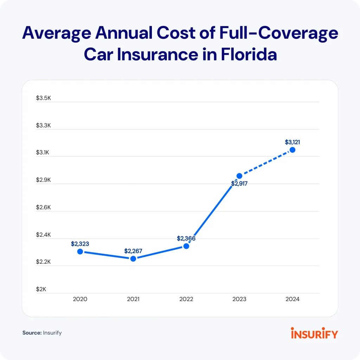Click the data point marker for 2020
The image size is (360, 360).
click(80, 251)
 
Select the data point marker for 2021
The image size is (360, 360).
click(133, 259)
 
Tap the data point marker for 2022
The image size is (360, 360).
click(186, 246)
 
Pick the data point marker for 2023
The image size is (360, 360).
click(239, 176)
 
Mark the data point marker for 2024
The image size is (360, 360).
click(292, 150)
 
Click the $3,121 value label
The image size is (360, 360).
click(292, 142)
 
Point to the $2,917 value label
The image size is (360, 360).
click(239, 184)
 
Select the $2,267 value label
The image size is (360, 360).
click(133, 251)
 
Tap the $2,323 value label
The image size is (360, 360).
click(80, 244)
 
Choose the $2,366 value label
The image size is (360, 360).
click(186, 238)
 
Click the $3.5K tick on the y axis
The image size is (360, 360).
click(44, 98)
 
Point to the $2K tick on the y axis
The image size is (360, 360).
click(41, 289)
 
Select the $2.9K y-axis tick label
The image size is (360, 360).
click(44, 180)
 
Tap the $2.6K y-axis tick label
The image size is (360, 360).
click(44, 207)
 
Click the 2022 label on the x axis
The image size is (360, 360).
click(186, 299)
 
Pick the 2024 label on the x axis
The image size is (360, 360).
click(292, 299)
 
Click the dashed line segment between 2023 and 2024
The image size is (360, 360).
click(266, 163)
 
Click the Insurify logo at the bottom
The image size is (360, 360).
click(314, 333)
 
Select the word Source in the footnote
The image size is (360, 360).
click(32, 333)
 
